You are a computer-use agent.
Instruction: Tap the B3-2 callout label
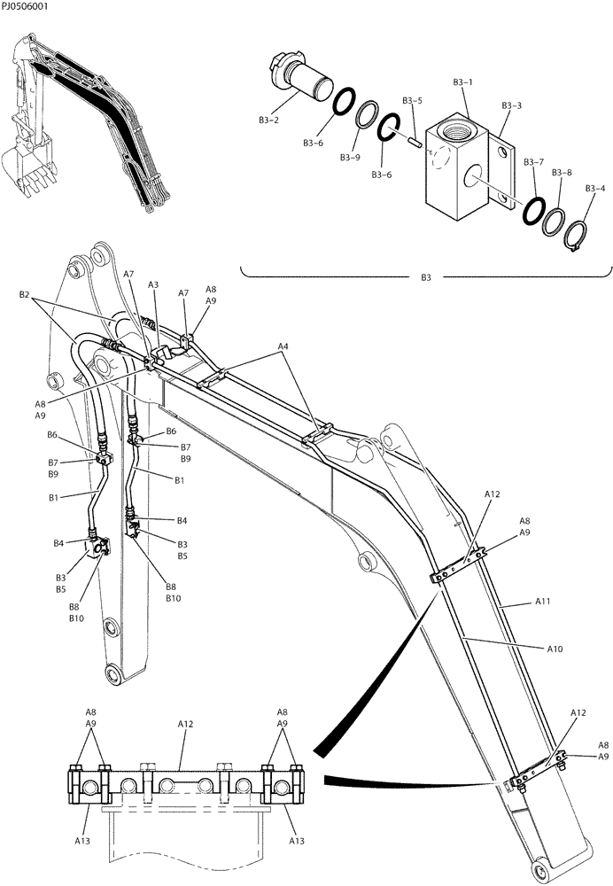(x=269, y=119)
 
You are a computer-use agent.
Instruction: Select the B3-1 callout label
(x=462, y=82)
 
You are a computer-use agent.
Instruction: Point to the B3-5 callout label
(x=412, y=101)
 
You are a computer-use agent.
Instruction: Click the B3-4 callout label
(x=595, y=188)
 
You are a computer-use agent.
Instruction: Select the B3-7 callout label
(x=533, y=162)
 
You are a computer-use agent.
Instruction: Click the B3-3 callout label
(x=511, y=105)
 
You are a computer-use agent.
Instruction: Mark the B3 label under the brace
(x=426, y=277)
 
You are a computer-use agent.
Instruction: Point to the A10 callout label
(x=555, y=649)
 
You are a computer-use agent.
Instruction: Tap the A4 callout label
(x=283, y=345)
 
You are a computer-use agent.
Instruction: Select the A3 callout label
(x=153, y=284)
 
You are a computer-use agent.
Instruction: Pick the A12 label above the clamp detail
(x=185, y=724)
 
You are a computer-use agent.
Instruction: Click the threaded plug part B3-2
(x=301, y=80)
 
